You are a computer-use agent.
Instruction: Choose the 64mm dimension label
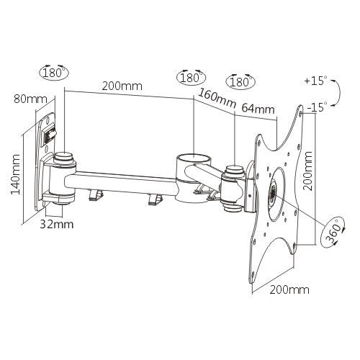[x=258, y=109]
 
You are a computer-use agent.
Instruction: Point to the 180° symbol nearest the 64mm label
[x=240, y=81]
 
